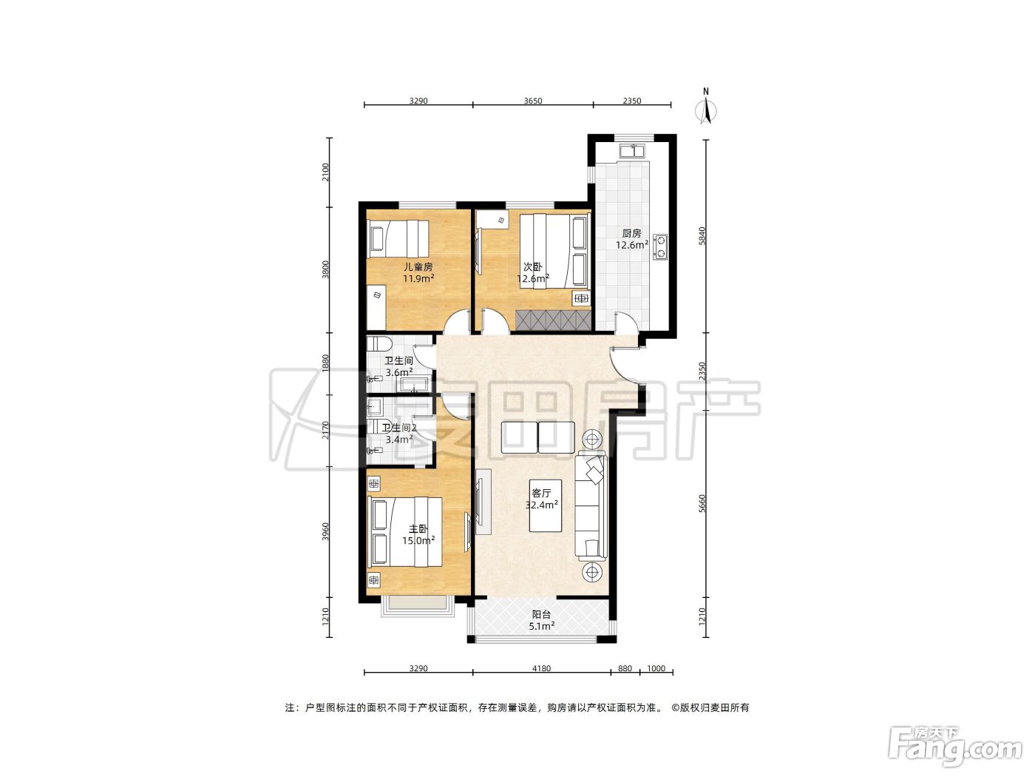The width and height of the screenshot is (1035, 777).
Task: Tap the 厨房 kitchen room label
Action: [631, 233]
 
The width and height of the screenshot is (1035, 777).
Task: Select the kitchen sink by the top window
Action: [633, 151]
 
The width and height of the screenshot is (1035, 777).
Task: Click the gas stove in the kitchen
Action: [661, 246]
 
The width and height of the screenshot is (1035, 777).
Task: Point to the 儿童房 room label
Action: [418, 266]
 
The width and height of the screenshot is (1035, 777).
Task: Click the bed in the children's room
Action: [398, 239]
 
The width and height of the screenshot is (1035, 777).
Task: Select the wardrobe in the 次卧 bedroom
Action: [554, 320]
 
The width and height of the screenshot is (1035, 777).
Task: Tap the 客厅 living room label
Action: [541, 493]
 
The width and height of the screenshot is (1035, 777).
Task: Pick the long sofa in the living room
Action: [591, 505]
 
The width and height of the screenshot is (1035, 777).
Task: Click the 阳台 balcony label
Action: [541, 614]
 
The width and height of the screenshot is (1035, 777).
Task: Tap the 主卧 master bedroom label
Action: [418, 529]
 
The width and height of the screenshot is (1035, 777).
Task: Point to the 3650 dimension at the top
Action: [533, 101]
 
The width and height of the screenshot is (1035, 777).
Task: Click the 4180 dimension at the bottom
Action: [541, 668]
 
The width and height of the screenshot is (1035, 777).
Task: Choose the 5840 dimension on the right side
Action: [702, 236]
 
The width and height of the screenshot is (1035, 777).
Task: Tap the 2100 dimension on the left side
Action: [325, 172]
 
